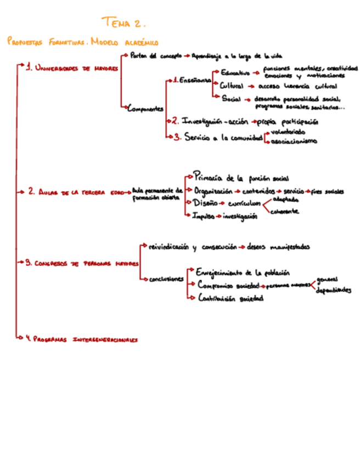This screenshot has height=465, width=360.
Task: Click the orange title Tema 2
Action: [123, 23]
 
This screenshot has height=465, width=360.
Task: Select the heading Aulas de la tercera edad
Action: [75, 192]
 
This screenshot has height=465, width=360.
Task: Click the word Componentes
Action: [145, 109]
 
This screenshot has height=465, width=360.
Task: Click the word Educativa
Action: [235, 72]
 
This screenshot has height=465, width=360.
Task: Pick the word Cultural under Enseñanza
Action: [232, 86]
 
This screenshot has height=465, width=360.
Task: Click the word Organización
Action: [213, 191]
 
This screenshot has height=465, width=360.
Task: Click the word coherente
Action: [285, 211]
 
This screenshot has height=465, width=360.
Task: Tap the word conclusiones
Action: [166, 279]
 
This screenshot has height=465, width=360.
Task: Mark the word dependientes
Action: [334, 290]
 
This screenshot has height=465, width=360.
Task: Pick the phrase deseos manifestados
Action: [278, 247]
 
